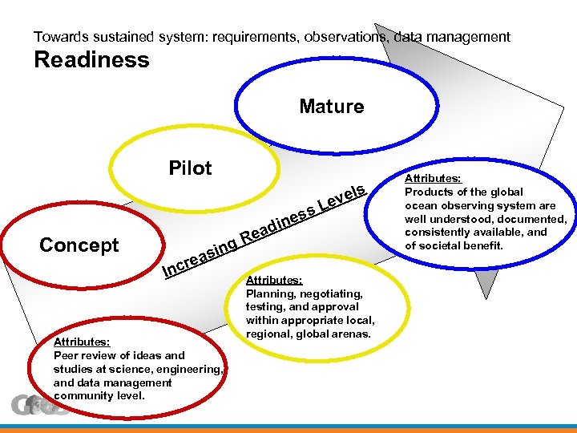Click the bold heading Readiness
point(91,60)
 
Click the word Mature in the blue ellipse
point(331,107)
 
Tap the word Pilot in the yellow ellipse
point(190,168)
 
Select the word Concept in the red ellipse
point(79,245)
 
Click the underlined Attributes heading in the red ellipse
point(82,342)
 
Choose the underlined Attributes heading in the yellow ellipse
point(274,280)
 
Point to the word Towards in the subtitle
point(57,37)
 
